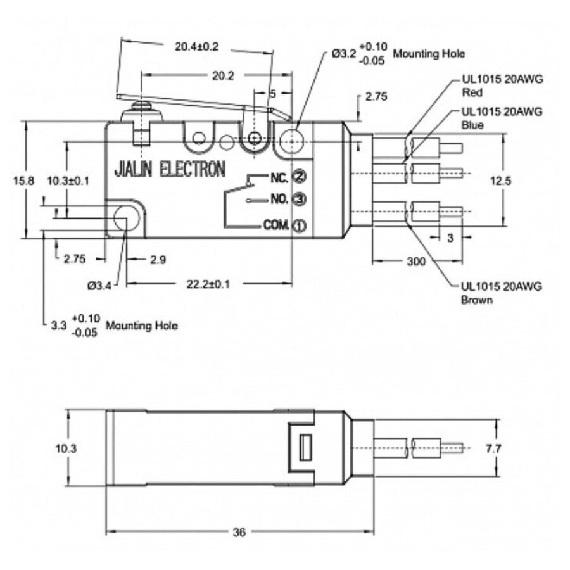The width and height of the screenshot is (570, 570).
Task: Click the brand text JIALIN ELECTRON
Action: [169, 169]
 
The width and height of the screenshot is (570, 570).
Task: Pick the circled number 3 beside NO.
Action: [300, 199]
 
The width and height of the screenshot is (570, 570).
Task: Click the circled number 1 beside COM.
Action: [299, 225]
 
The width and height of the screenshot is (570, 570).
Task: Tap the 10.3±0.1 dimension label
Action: [68, 180]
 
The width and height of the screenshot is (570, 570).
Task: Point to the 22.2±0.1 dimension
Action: [208, 284]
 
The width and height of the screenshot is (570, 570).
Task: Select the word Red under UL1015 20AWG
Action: [469, 91]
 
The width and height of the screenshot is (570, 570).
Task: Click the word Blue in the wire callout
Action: [472, 125]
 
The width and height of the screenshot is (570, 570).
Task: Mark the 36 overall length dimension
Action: [239, 531]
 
